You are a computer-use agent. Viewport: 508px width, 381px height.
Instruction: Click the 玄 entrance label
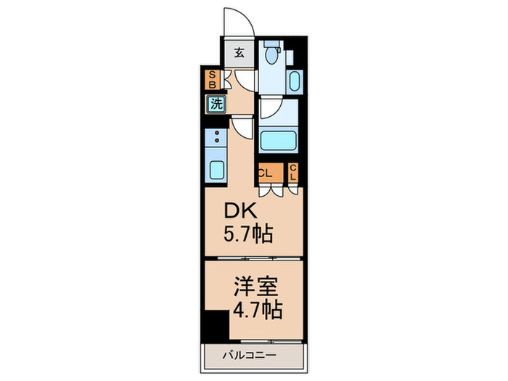coord(239,52)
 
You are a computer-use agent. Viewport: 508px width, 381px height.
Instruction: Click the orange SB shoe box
coord(212,79)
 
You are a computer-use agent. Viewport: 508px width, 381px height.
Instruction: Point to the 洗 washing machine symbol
coord(216,104)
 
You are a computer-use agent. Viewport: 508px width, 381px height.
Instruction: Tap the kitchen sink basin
coord(217,170)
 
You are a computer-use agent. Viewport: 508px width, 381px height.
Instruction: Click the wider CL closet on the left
coord(266,173)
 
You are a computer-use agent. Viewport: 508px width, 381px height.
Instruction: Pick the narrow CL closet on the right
coord(293,173)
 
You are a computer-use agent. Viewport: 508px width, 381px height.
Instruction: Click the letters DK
coord(239,211)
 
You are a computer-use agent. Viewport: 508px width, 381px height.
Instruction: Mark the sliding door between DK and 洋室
coord(252,259)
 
